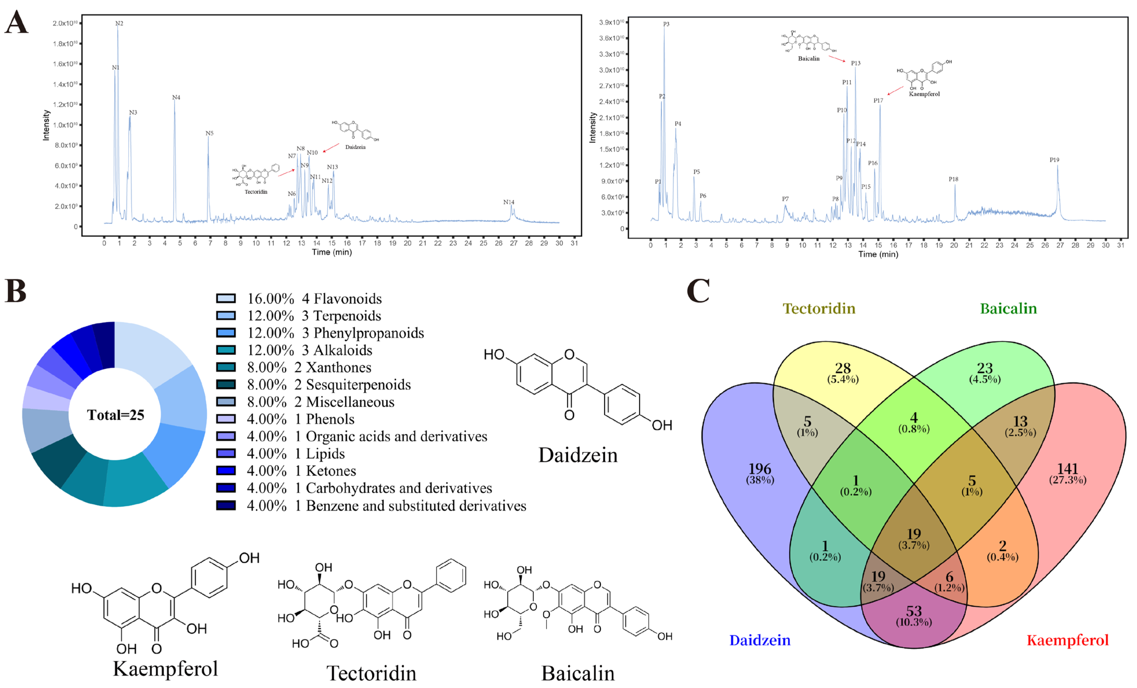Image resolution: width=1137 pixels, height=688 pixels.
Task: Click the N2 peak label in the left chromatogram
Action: point(119,23)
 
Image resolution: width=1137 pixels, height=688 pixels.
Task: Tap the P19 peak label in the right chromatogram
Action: point(1054,160)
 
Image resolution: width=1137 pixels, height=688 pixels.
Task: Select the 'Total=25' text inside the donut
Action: point(115,415)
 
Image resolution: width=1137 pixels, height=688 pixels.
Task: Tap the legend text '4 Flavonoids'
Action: point(341,299)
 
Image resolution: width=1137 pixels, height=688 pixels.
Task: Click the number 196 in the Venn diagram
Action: point(760,469)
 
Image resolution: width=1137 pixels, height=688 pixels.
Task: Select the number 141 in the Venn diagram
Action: point(1067,469)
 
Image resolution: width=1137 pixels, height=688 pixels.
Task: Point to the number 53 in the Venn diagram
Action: point(914,611)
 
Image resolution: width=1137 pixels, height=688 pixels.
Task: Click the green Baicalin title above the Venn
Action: point(1008,308)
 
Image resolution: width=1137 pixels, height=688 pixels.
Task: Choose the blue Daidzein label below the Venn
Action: point(760,640)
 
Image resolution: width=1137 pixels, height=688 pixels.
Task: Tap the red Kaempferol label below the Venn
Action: point(1067,640)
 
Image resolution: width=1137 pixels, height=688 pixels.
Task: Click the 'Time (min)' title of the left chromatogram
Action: point(332,252)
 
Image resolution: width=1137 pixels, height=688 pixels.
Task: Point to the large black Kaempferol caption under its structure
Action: point(165,669)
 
